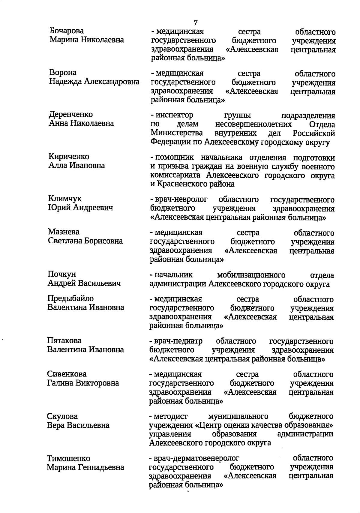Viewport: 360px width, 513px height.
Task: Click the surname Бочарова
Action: (x=67, y=31)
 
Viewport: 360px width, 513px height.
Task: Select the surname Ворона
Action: (x=63, y=73)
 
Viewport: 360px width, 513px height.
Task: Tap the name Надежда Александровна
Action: (x=94, y=82)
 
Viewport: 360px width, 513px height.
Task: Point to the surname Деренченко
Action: (x=71, y=114)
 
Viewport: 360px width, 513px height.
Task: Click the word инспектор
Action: (x=174, y=115)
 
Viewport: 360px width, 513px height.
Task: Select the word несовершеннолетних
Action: (x=253, y=124)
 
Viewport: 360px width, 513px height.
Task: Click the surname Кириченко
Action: (x=69, y=157)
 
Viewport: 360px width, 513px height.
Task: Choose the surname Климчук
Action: (x=64, y=199)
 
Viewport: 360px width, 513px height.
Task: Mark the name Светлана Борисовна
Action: (x=85, y=241)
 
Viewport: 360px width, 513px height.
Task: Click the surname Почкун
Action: (x=62, y=274)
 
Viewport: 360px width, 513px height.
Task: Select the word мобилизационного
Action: (x=251, y=275)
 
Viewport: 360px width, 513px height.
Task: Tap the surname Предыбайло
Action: (x=70, y=298)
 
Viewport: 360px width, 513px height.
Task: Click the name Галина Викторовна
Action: (x=83, y=383)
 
